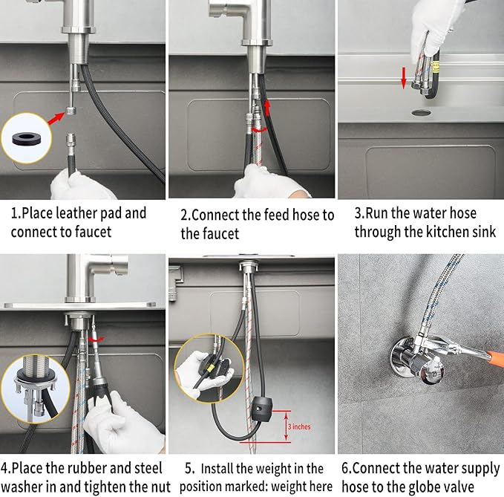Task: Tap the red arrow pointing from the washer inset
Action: point(56,117)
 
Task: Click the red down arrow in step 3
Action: point(404,78)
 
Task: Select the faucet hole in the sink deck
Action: point(421,113)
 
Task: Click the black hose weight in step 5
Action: point(261,409)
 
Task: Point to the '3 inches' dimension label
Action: point(299,426)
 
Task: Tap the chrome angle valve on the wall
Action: point(418,360)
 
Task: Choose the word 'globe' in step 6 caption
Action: point(406,487)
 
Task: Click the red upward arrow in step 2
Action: point(267,108)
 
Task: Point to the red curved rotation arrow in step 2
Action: point(259,130)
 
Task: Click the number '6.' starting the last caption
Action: point(347,468)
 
